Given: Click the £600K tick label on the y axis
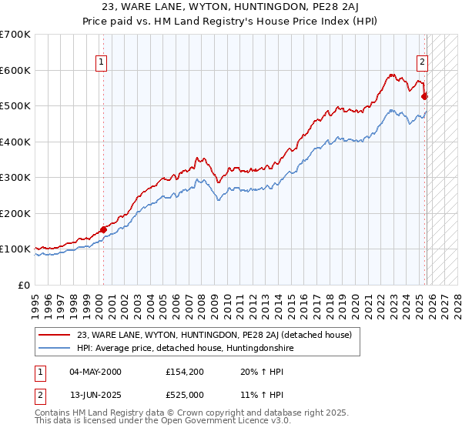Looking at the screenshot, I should point(15,70).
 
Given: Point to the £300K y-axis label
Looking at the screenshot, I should point(15,178).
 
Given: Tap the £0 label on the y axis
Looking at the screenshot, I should point(25,285).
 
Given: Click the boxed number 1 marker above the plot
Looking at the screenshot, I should point(102,64).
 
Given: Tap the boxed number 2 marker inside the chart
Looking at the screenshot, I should point(423,64).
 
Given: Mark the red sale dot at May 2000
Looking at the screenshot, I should point(103,229).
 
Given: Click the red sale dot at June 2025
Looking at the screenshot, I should point(424,97).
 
